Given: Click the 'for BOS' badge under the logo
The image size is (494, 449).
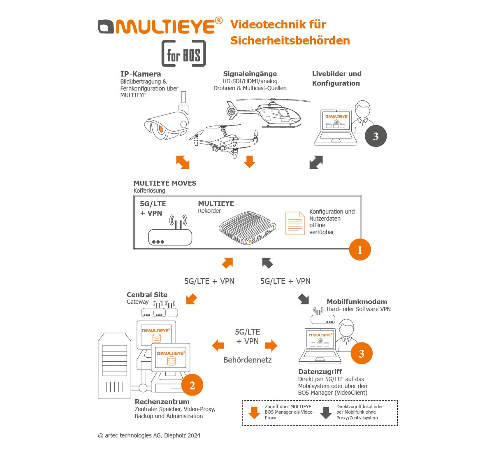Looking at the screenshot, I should click(183, 54).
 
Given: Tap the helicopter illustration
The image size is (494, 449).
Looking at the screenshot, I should click(269, 112).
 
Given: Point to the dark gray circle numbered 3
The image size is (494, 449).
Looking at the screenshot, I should click(376, 136).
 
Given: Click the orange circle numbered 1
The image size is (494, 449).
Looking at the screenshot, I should click(360, 249).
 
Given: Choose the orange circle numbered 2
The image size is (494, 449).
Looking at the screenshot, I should click(192, 385).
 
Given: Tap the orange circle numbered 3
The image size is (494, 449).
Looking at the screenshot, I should click(362, 354).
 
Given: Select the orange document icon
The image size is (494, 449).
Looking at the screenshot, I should click(295, 223).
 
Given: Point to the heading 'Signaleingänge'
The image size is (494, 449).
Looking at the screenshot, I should click(250, 74).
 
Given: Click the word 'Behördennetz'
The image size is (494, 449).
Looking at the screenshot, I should click(247, 360).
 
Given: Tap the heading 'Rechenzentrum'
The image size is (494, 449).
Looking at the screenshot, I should click(162, 402).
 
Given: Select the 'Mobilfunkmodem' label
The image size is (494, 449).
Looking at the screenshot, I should click(357, 302).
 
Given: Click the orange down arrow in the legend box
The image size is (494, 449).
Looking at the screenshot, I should click(255, 412).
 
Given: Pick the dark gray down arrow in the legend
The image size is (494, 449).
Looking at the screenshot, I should click(326, 412).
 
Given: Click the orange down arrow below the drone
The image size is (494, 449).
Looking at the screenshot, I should click(249, 162).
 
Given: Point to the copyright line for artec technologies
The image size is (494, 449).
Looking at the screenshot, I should click(149, 435).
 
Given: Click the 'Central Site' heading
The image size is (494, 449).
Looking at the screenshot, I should click(147, 295).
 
